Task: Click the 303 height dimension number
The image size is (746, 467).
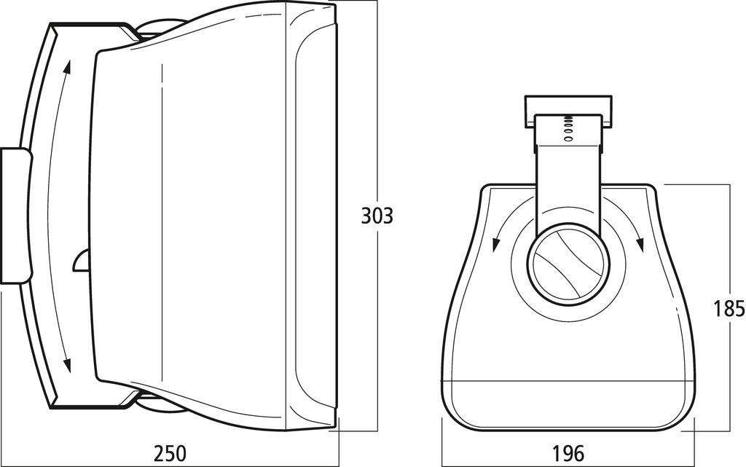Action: point(377,216)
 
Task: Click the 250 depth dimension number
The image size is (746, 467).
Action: point(170,453)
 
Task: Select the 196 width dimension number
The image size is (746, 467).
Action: point(568,453)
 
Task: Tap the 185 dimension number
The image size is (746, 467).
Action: point(729,309)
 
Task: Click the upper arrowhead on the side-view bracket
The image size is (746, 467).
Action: point(67,67)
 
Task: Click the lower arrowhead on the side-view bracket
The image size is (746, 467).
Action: point(67,365)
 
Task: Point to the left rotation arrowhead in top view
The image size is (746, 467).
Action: point(496,244)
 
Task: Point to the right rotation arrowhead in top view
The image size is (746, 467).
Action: point(640,244)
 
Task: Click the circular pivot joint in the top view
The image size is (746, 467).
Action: point(568,264)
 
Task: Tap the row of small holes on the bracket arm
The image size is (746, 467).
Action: point(568,129)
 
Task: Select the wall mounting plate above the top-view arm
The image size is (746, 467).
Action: point(568,111)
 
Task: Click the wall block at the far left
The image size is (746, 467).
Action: point(16,216)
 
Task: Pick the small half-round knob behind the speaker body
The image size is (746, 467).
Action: point(82,260)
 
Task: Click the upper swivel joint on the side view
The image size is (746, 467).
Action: point(160,29)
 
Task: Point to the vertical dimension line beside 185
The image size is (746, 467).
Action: point(729,308)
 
